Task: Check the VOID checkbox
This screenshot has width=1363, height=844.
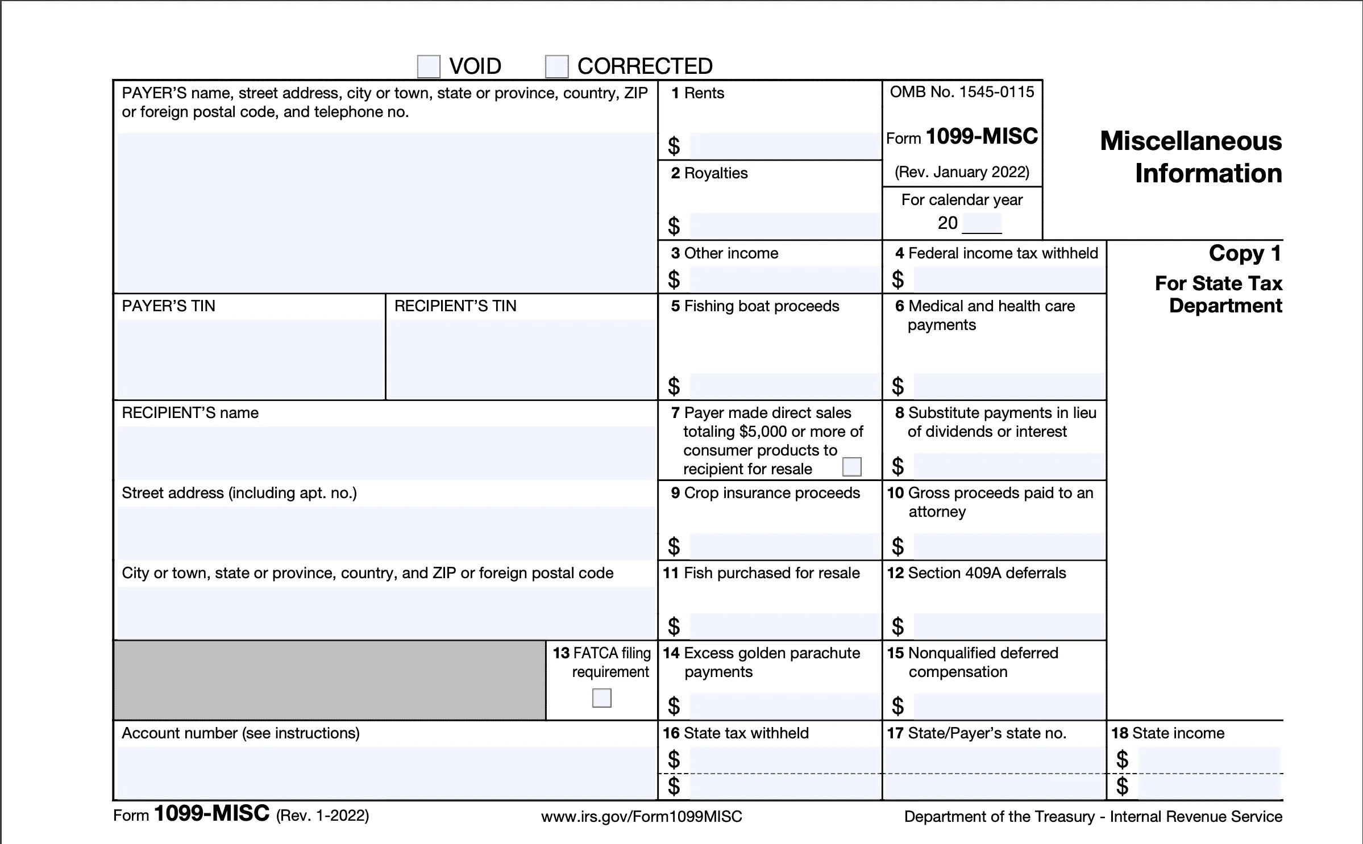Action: (429, 66)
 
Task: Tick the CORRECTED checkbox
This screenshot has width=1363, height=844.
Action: (556, 66)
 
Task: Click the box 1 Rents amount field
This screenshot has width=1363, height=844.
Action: (784, 147)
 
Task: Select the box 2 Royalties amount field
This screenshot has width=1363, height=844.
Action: (784, 226)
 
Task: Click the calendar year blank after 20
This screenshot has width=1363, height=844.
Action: (982, 223)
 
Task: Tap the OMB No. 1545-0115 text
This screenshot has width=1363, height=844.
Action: (962, 92)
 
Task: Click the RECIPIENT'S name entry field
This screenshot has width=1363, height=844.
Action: (385, 453)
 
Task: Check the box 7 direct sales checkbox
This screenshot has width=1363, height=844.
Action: (851, 467)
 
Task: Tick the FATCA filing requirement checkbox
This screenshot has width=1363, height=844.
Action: (601, 697)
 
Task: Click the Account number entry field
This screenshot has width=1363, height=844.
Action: (385, 772)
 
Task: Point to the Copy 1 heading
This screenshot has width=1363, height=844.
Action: (1245, 253)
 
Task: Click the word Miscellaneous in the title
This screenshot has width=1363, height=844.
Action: (1191, 141)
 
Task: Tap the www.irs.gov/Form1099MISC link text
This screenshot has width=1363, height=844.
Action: (641, 817)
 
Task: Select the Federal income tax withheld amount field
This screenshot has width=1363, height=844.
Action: (1009, 279)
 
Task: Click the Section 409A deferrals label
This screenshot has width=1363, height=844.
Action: (976, 573)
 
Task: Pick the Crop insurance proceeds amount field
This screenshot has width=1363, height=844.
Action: (784, 546)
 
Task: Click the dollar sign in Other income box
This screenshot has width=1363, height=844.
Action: (674, 279)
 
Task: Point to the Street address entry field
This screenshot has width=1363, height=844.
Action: (385, 532)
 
